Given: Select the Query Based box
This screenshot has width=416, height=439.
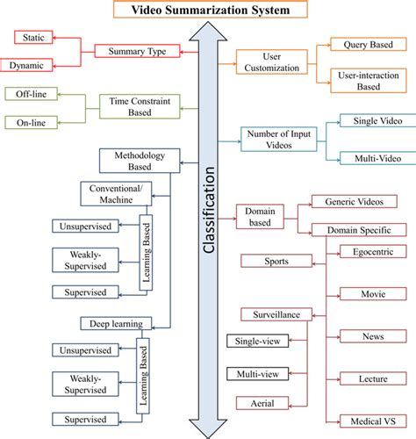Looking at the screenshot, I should (368, 43).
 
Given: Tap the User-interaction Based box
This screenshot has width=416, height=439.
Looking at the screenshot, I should (368, 80).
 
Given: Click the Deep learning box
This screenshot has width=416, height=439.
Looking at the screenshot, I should (116, 322).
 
